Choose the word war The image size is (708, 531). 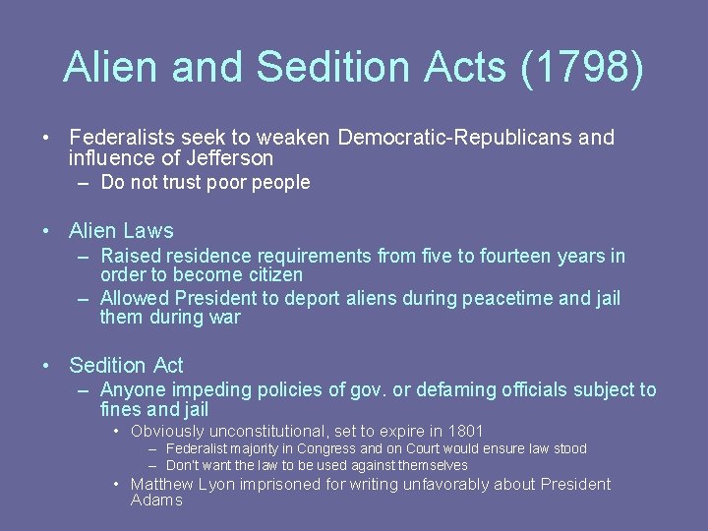pos(222,318)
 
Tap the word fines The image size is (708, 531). pos(123,409)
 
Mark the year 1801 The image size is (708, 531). pos(464,431)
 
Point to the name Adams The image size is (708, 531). pos(156,501)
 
